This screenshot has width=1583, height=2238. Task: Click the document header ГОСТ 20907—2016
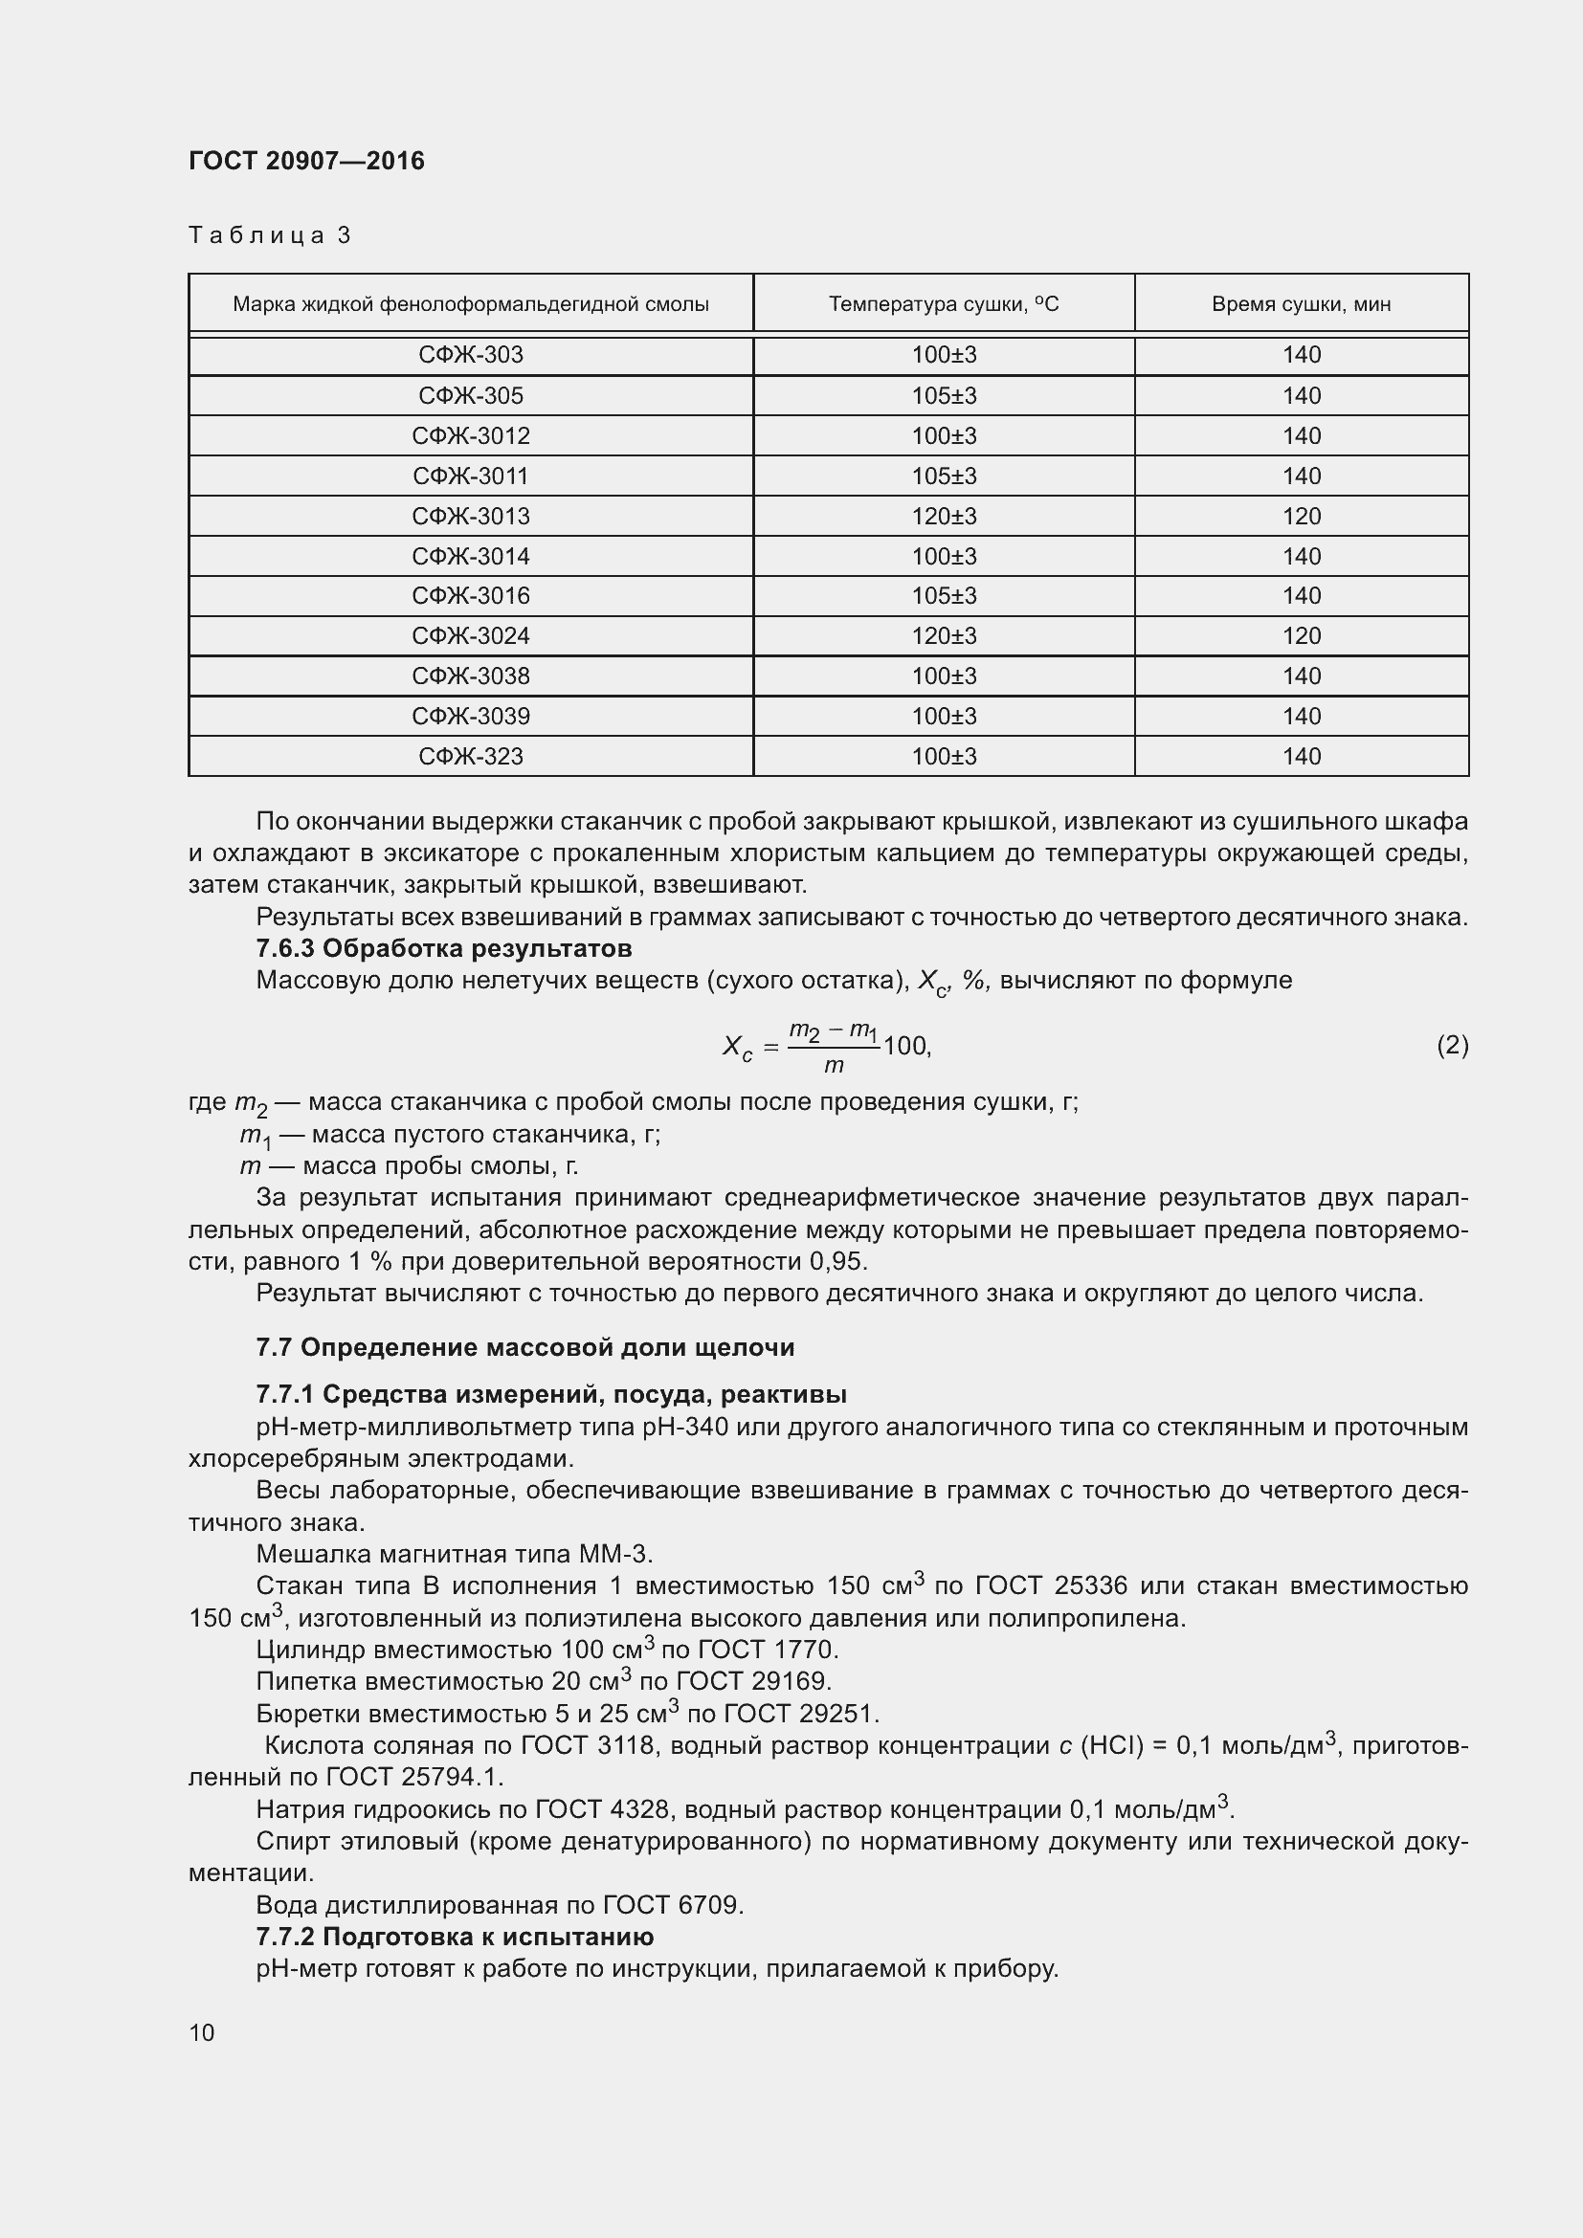[306, 161]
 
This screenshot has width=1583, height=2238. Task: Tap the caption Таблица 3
[269, 235]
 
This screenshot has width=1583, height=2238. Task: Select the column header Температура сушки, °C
[943, 304]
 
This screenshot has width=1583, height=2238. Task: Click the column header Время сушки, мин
[1301, 304]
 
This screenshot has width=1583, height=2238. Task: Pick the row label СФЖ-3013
[471, 516]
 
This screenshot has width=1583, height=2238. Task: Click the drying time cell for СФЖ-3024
[1301, 635]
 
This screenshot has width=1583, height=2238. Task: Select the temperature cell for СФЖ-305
[943, 396]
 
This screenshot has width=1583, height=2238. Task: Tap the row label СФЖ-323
[471, 757]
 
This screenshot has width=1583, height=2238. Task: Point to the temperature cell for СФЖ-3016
[943, 595]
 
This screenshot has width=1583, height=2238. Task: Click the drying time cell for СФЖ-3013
[1301, 516]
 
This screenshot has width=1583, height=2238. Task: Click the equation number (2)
[1452, 1045]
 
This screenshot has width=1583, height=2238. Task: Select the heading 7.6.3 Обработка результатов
[443, 948]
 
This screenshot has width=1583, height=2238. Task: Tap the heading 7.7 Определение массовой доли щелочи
[524, 1347]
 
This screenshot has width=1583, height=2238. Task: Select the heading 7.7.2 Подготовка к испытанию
[455, 1936]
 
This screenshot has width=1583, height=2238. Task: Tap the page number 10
[202, 2032]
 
